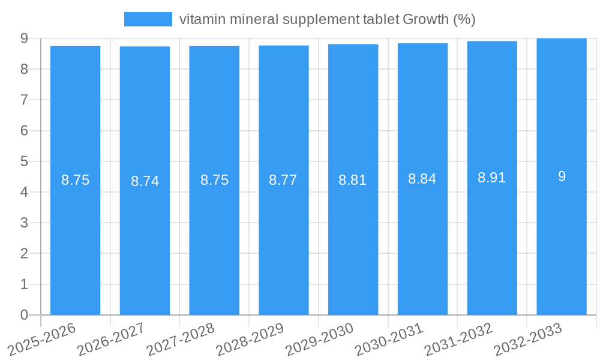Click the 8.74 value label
(x=145, y=181)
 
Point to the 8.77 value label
(x=283, y=180)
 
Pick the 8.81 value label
(x=353, y=180)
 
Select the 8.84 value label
(x=422, y=179)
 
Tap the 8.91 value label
(x=492, y=178)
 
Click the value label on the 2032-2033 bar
(x=562, y=176)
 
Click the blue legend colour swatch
(x=148, y=19)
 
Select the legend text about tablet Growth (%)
(x=327, y=19)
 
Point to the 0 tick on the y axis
(x=24, y=315)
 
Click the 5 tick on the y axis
(x=24, y=161)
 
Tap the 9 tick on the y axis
(x=24, y=38)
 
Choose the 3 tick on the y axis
(x=24, y=223)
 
